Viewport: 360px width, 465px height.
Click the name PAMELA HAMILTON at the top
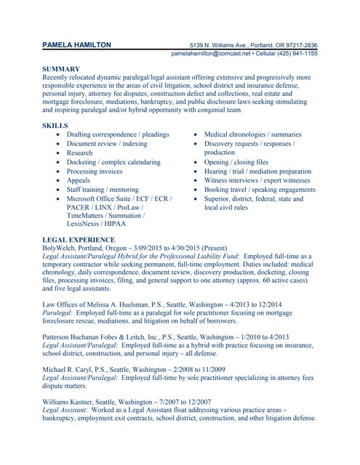point(77,44)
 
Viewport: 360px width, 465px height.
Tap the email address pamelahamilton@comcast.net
point(211,54)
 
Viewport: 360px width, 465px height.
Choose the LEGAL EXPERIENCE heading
point(80,239)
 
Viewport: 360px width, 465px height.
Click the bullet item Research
point(79,153)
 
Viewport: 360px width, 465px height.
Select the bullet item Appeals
point(79,181)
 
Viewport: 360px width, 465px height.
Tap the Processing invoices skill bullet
point(95,171)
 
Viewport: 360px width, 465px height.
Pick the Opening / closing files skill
point(236,162)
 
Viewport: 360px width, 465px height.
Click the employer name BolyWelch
point(60,248)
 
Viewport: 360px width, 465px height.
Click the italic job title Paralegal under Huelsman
point(59,313)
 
